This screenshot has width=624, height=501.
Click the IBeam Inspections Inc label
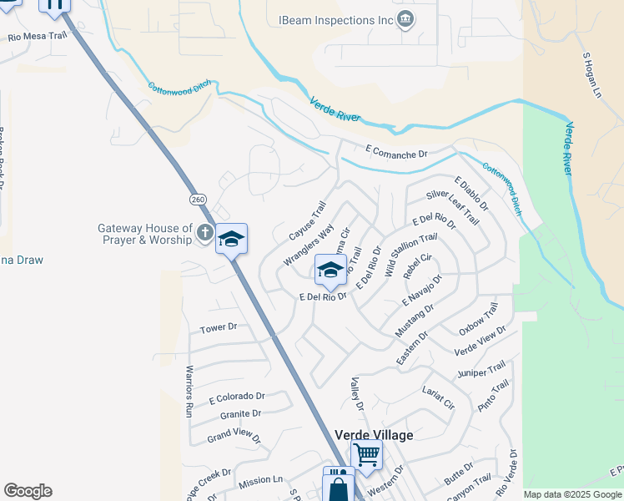click(335, 19)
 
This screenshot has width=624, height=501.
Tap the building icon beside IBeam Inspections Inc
click(405, 18)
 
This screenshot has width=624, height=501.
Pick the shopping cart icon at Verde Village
click(366, 455)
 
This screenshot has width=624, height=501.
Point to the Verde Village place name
click(374, 434)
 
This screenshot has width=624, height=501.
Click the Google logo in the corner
click(28, 491)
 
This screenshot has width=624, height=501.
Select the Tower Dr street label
click(219, 328)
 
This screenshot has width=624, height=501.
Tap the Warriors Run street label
click(189, 391)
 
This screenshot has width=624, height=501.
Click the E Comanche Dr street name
click(396, 154)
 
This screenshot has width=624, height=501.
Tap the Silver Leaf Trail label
click(452, 206)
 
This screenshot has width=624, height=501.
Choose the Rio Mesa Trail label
click(36, 37)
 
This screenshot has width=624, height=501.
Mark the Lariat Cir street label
click(438, 397)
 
